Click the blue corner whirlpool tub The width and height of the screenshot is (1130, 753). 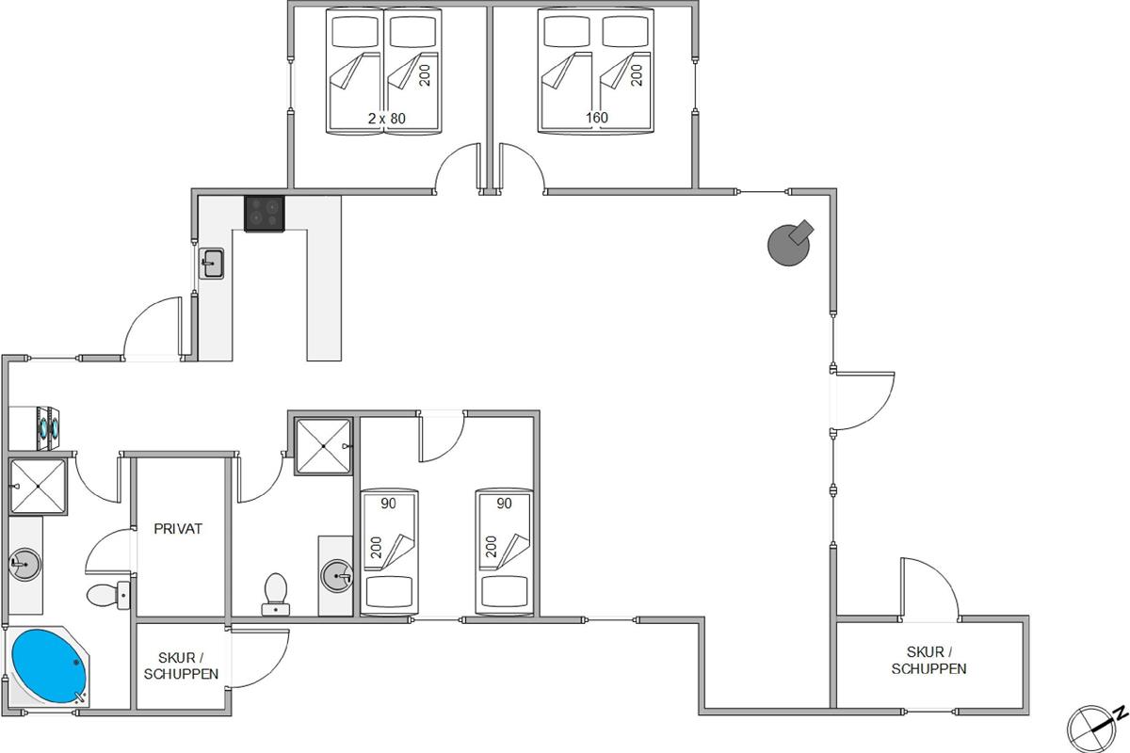pos(49,665)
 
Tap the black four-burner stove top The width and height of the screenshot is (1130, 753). pos(265,214)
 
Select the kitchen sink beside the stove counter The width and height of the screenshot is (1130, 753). pos(211,263)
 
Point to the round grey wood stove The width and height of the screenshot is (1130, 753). pos(789,244)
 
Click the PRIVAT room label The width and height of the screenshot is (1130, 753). pos(178,529)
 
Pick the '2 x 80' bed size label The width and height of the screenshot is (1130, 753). pos(386,119)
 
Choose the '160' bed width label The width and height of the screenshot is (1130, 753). pos(597,118)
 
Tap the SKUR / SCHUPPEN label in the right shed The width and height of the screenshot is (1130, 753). pos(928,660)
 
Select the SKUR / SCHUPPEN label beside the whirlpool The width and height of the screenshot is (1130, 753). pos(181,665)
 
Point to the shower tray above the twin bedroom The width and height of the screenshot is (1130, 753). pos(323,447)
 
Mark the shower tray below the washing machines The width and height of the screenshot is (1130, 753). pos(39,487)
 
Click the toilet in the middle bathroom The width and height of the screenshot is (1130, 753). pos(276,594)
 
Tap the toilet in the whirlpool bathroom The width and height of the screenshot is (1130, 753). pos(108,595)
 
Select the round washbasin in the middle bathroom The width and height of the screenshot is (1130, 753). pos(337,575)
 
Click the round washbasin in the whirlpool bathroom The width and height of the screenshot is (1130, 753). pos(24,565)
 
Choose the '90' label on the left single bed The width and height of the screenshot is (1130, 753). pos(388,504)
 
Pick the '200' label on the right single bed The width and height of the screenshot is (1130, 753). pos(491,547)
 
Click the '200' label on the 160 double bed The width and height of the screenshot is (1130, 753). pos(637,75)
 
